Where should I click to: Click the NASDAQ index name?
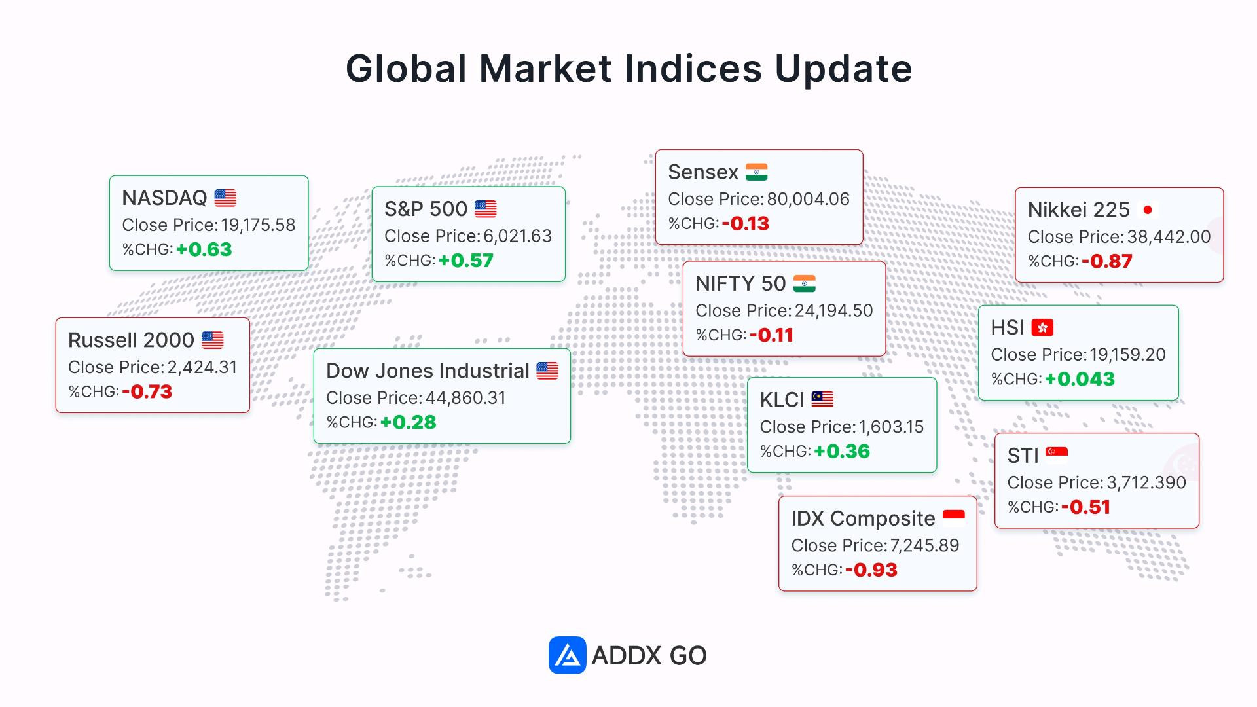click(x=164, y=198)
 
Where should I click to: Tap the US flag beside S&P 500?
click(x=486, y=209)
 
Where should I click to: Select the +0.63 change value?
click(x=204, y=249)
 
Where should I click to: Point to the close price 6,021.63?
click(x=518, y=236)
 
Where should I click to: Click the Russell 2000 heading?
click(x=131, y=340)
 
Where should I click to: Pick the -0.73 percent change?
click(x=147, y=391)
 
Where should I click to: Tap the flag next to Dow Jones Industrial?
click(x=547, y=371)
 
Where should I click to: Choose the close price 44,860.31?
click(x=466, y=398)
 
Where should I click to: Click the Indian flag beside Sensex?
click(x=757, y=172)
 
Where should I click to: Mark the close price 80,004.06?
click(x=809, y=199)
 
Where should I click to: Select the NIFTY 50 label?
click(x=740, y=283)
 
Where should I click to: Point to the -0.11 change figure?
click(x=771, y=335)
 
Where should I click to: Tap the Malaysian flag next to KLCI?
click(x=822, y=399)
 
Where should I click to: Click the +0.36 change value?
click(x=842, y=452)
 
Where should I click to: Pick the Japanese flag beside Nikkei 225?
click(x=1148, y=209)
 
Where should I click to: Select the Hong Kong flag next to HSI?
click(x=1042, y=327)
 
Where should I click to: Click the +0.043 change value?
click(x=1080, y=379)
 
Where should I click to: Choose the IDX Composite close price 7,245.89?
click(x=924, y=545)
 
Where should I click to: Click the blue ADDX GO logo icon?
click(x=567, y=655)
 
